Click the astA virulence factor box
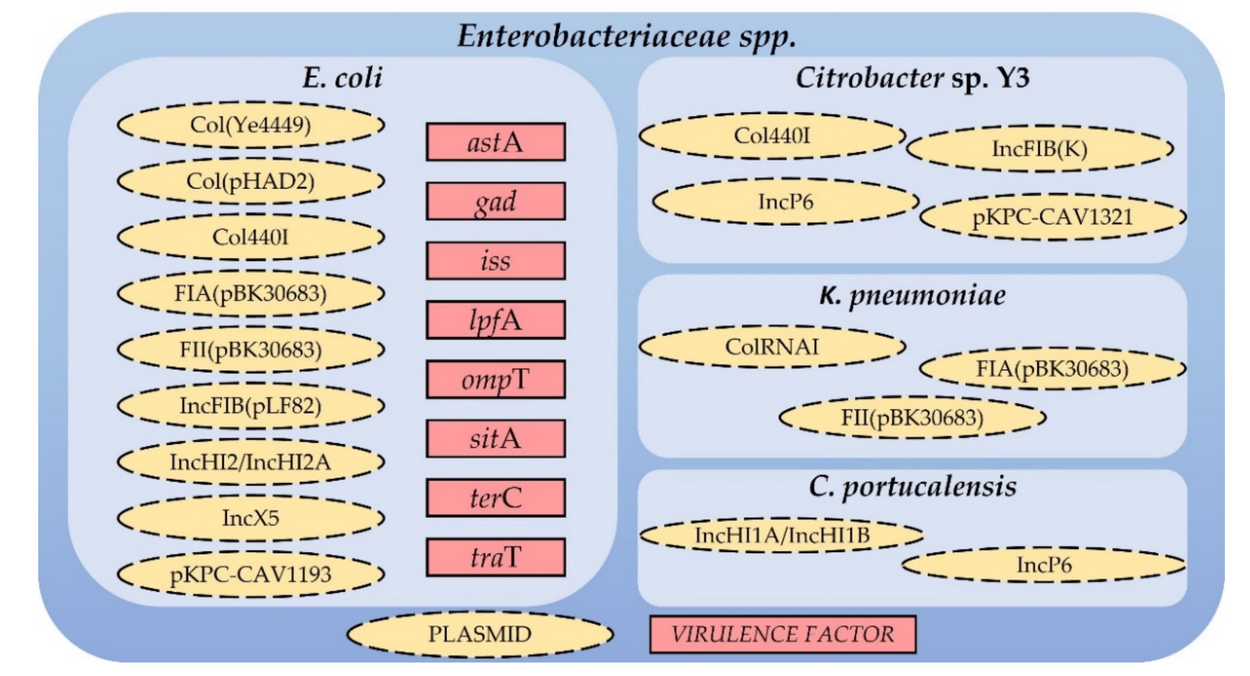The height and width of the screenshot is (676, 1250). (x=496, y=142)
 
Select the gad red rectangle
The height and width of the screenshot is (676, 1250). (x=496, y=201)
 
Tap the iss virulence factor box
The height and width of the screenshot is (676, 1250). (x=496, y=260)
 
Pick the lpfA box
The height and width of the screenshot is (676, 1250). (x=496, y=320)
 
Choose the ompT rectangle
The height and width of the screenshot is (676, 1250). (x=496, y=379)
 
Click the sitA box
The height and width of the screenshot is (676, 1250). (x=496, y=439)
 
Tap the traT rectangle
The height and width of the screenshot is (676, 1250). (x=496, y=557)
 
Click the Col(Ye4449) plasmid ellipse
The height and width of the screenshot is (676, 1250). (x=250, y=125)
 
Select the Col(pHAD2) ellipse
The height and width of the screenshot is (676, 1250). (x=250, y=181)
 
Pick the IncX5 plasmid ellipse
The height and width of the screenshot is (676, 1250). (x=250, y=518)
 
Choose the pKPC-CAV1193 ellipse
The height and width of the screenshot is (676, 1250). (x=250, y=574)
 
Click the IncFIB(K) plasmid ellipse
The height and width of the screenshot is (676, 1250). (x=1039, y=148)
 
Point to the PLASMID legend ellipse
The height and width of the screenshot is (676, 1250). (x=480, y=634)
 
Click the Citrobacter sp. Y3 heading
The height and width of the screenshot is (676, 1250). (x=912, y=78)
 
